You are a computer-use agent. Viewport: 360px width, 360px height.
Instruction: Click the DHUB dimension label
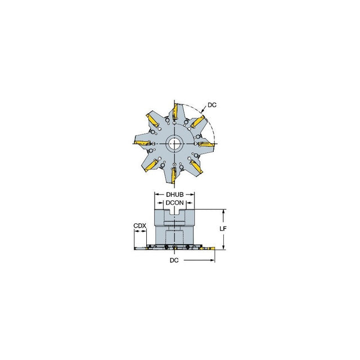pyautogui.click(x=175, y=195)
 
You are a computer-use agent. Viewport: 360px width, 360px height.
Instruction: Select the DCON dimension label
pyautogui.click(x=175, y=202)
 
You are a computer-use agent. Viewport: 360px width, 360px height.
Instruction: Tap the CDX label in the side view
pyautogui.click(x=139, y=226)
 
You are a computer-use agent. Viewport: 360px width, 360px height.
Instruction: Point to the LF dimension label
pyautogui.click(x=223, y=228)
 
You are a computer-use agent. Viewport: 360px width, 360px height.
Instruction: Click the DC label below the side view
pyautogui.click(x=174, y=260)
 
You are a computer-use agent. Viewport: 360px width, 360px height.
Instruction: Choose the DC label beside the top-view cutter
pyautogui.click(x=212, y=105)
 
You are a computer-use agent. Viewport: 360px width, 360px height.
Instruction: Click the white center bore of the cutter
pyautogui.click(x=174, y=144)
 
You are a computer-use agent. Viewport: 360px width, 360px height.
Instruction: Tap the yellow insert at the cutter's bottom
pyautogui.click(x=174, y=175)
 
